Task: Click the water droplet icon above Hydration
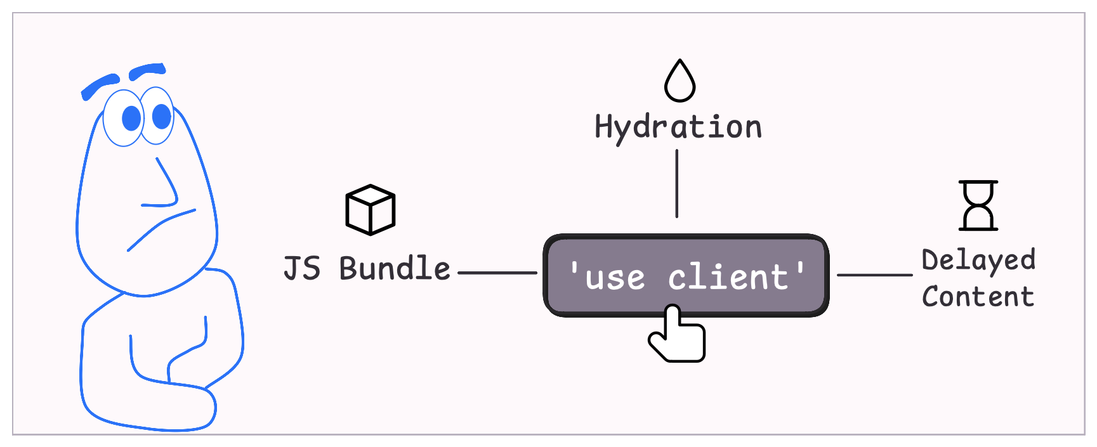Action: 680,82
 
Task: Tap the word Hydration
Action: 678,127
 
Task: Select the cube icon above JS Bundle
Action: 371,210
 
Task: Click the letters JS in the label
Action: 302,269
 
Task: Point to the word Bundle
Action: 395,269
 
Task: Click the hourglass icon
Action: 978,205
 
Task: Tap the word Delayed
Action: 978,261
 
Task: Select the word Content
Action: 978,297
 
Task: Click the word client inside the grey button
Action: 728,278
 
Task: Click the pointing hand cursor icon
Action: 678,336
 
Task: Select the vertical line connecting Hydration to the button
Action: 677,184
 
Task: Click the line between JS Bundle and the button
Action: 497,273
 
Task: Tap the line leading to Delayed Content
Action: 874,275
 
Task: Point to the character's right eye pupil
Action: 162,116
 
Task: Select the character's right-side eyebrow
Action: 147,70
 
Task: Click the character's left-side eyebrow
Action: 100,86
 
